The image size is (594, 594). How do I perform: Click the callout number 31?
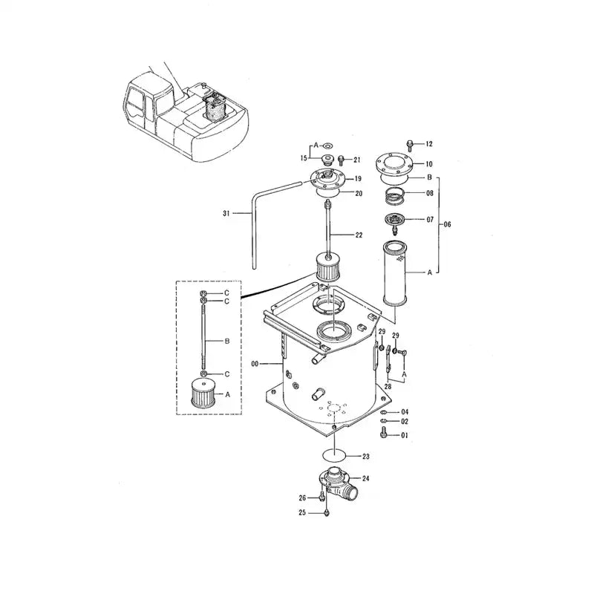click(226, 214)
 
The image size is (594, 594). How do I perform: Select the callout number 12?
click(428, 143)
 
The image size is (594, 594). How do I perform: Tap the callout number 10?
click(428, 163)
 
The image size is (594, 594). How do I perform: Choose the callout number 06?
click(447, 224)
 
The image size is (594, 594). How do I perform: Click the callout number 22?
click(359, 235)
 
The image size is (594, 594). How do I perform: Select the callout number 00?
click(255, 364)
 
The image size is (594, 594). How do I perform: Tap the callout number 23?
click(365, 457)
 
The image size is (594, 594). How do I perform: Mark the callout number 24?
click(365, 478)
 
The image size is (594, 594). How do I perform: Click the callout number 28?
click(387, 387)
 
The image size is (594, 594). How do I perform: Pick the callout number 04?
click(405, 411)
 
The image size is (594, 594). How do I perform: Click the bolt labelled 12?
click(409, 143)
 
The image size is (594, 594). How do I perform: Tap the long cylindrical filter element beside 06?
click(396, 272)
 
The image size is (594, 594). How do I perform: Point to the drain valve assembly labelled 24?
click(339, 486)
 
